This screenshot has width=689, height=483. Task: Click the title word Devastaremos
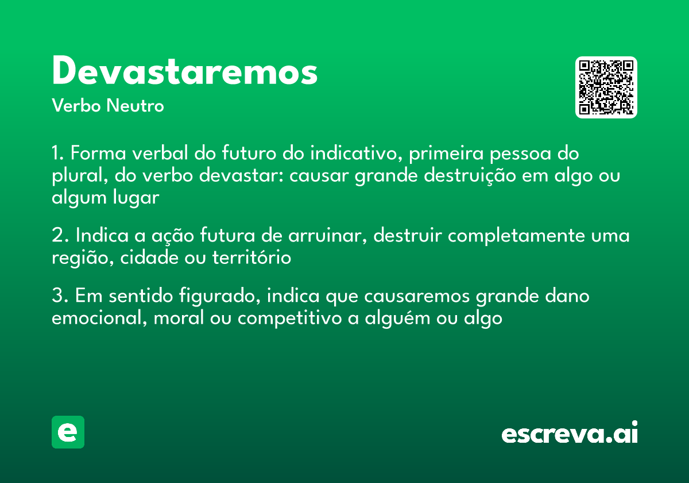(x=184, y=72)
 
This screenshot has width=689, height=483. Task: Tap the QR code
(x=606, y=87)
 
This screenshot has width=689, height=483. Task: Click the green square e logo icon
(x=68, y=432)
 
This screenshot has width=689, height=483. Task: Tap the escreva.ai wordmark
(x=570, y=434)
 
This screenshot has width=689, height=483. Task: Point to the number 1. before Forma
(x=59, y=154)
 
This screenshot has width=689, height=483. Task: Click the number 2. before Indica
(x=60, y=236)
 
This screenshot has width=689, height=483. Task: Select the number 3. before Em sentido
(x=60, y=297)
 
